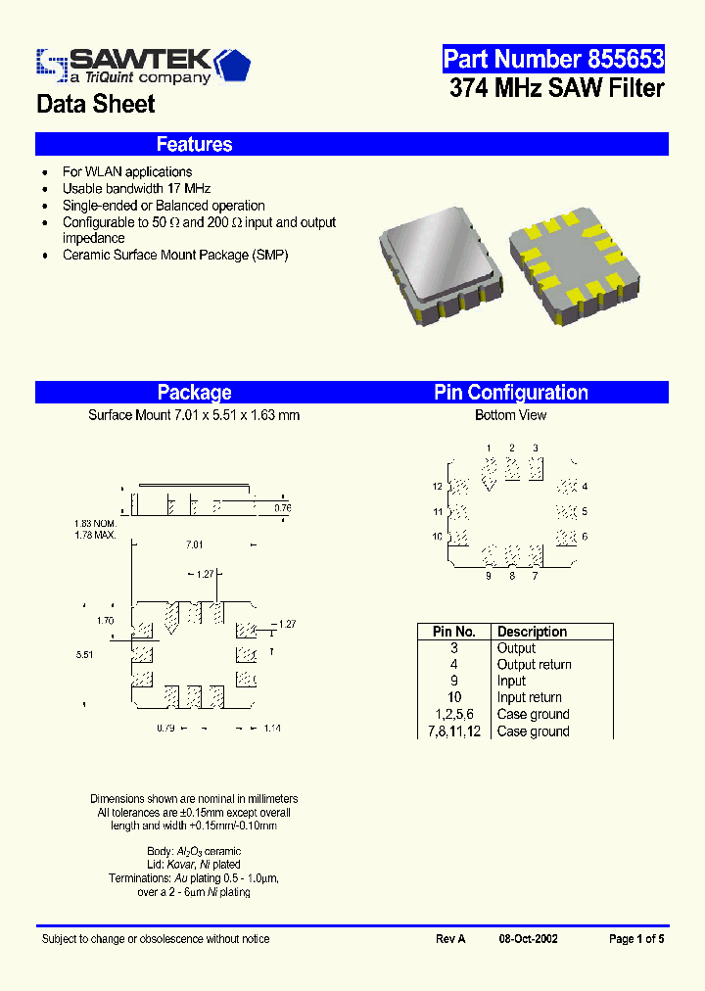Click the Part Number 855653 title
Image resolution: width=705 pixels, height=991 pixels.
pyautogui.click(x=553, y=59)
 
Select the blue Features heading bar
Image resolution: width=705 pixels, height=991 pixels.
pyautogui.click(x=352, y=144)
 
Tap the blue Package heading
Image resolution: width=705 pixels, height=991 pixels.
pyautogui.click(x=194, y=393)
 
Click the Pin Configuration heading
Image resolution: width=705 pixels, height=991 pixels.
pyautogui.click(x=511, y=393)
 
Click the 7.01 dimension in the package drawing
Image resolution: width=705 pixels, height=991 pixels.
pyautogui.click(x=194, y=544)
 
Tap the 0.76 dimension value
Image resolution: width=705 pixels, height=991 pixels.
pyautogui.click(x=282, y=507)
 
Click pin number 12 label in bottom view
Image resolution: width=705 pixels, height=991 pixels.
pyautogui.click(x=437, y=487)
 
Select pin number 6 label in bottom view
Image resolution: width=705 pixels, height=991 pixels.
pyautogui.click(x=585, y=537)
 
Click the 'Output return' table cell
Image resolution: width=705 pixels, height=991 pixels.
pyautogui.click(x=534, y=665)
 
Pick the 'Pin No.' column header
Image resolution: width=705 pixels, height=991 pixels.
pyautogui.click(x=453, y=632)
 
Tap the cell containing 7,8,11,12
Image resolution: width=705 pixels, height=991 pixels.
pyautogui.click(x=453, y=731)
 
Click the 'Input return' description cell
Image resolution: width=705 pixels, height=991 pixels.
pyautogui.click(x=529, y=698)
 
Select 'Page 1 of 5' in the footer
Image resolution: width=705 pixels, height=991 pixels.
pyautogui.click(x=636, y=939)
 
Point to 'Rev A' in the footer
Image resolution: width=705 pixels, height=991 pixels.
pyautogui.click(x=450, y=939)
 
